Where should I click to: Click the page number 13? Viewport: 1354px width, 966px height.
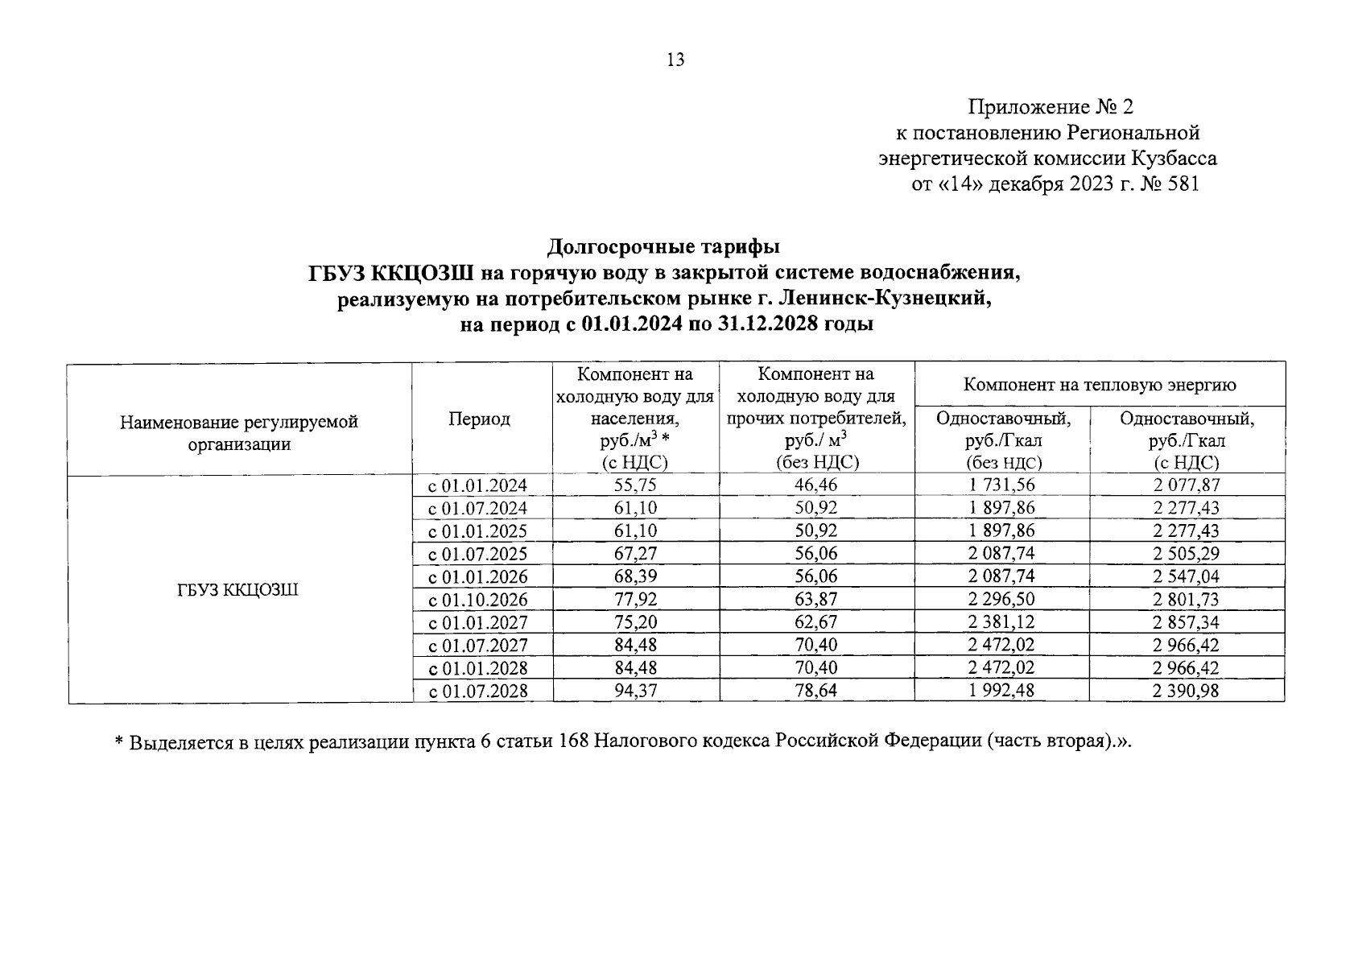[x=675, y=60]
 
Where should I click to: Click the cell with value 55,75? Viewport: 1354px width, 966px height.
[x=635, y=485]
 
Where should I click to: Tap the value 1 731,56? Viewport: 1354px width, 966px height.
[x=1002, y=485]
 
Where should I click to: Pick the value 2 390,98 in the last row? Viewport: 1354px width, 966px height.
[x=1186, y=691]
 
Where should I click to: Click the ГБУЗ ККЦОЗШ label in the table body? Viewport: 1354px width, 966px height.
[x=238, y=590]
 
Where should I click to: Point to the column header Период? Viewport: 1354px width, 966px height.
[x=480, y=419]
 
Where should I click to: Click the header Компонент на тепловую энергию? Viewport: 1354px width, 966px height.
[x=1100, y=385]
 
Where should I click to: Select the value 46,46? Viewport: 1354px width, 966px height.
[x=816, y=485]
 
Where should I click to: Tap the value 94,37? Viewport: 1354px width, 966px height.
[x=635, y=691]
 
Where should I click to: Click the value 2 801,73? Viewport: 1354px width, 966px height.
[x=1186, y=600]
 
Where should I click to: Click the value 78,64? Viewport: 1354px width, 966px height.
[x=816, y=691]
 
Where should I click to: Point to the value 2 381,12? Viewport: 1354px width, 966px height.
[x=1002, y=622]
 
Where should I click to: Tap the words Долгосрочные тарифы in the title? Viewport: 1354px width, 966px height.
[x=663, y=246]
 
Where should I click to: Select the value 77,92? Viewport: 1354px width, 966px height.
[x=635, y=600]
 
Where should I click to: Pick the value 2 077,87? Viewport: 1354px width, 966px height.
[x=1186, y=485]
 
